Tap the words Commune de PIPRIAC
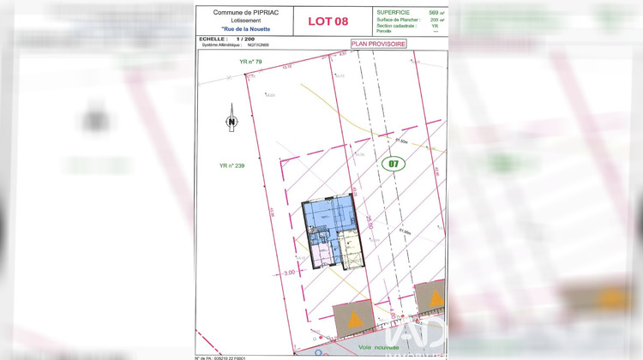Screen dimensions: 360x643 point(243,13)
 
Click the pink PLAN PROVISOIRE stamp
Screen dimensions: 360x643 point(378,43)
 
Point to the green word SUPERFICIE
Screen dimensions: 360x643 point(393,13)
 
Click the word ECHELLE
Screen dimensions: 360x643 point(212,39)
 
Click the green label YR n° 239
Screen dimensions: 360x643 point(232,165)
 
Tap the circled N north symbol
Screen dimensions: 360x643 point(231,121)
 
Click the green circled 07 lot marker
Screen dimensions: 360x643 point(393,163)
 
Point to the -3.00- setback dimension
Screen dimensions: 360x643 point(289,272)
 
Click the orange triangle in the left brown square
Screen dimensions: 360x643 point(352,321)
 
